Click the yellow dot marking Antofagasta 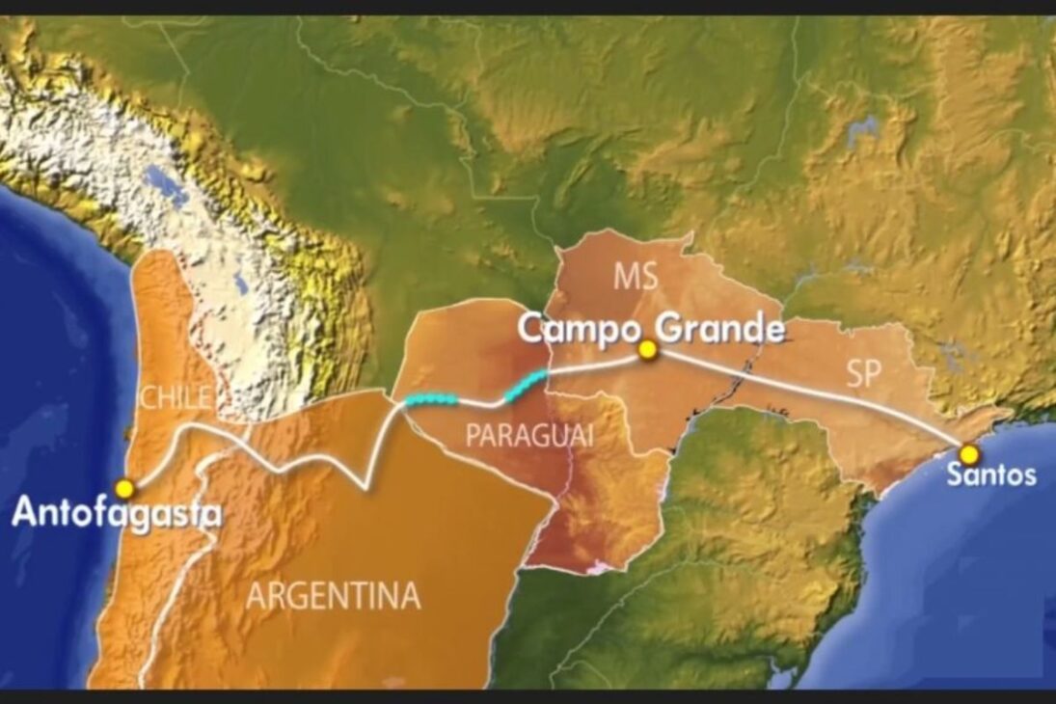(123, 488)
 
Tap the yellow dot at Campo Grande (647, 351)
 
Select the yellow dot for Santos (968, 453)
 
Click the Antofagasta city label (116, 512)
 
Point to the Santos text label (990, 474)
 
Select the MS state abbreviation (636, 277)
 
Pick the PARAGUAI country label (528, 436)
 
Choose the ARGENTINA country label (334, 595)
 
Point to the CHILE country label (175, 397)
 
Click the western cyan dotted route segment (430, 399)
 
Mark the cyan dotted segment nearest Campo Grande (526, 383)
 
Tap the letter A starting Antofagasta (24, 512)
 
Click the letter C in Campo (531, 329)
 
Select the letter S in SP (853, 374)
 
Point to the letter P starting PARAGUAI (473, 436)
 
